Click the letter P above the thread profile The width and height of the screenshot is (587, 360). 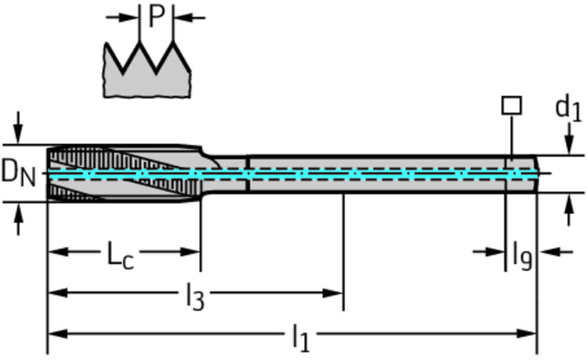click(x=156, y=17)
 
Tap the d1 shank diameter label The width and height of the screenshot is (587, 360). click(x=568, y=108)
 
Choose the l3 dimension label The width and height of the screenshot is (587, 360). click(x=195, y=297)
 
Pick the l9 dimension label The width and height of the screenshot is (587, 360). click(x=522, y=256)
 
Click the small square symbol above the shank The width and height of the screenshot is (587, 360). click(x=511, y=105)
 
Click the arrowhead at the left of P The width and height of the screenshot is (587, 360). click(x=131, y=17)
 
